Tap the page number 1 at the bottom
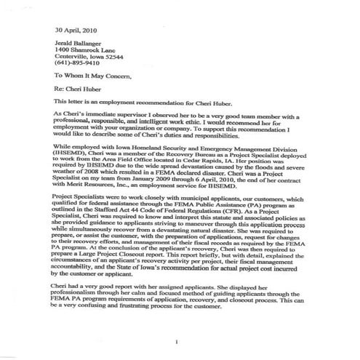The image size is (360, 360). pyautogui.click(x=177, y=341)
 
